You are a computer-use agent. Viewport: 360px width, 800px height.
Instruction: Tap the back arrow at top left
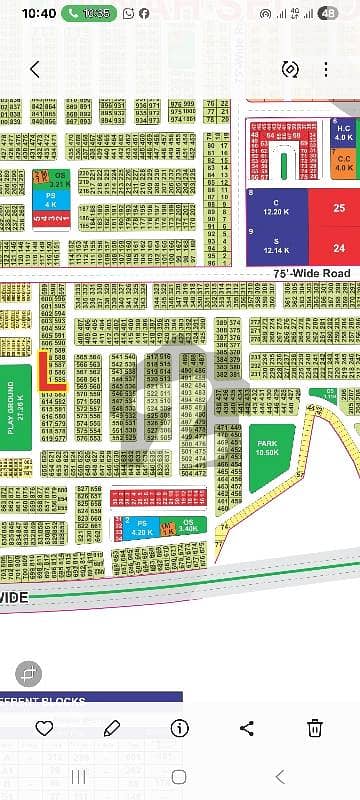(35, 69)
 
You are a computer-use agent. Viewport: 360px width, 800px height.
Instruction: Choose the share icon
(246, 727)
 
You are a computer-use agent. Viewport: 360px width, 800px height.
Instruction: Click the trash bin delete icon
(313, 727)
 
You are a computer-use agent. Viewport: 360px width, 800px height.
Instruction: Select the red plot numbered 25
(338, 208)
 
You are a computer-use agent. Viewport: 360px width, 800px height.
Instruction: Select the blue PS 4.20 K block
(141, 527)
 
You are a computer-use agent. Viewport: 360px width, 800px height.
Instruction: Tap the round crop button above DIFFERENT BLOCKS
(27, 672)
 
